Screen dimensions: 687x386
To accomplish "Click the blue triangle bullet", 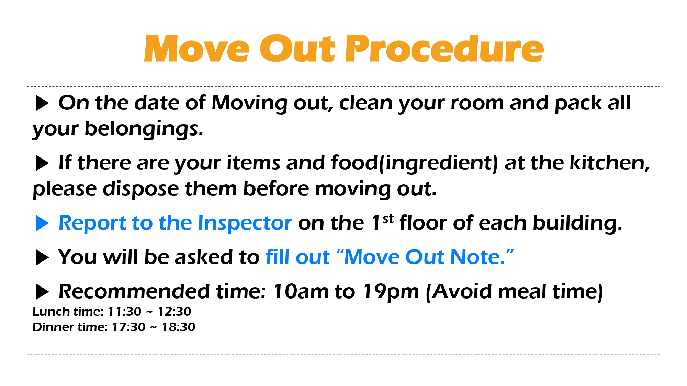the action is [x=42, y=223].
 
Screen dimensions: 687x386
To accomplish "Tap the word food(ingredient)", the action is [x=414, y=163].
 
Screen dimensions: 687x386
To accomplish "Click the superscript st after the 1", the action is [x=388, y=219].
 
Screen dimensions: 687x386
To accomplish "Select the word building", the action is [x=577, y=223].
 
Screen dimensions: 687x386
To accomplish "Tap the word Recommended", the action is [x=134, y=292].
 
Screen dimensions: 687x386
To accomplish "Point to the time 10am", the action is [x=301, y=292].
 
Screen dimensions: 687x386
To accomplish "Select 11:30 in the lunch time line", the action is [x=125, y=312].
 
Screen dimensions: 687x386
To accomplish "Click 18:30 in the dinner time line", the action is [x=179, y=327].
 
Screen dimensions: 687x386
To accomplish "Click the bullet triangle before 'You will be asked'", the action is [x=42, y=258].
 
